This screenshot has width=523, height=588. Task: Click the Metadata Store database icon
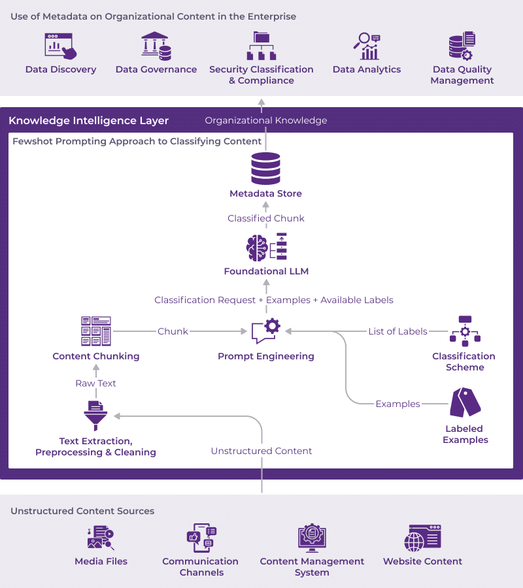(x=265, y=169)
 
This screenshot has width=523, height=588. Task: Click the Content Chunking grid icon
(x=96, y=331)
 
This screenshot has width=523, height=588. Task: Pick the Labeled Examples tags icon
(x=465, y=402)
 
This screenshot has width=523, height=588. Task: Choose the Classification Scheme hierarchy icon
(x=465, y=331)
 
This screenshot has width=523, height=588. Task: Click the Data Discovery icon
(x=60, y=46)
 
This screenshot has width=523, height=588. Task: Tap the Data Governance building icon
(x=156, y=46)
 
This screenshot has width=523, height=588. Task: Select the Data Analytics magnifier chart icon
(x=367, y=46)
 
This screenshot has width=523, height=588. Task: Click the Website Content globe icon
(x=422, y=538)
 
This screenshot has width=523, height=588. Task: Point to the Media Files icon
(x=101, y=538)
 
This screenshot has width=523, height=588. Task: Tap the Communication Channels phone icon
(x=201, y=538)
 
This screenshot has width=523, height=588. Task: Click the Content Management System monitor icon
(x=312, y=538)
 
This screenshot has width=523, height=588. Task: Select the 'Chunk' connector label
(x=173, y=331)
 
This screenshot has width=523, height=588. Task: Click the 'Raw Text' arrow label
(x=95, y=384)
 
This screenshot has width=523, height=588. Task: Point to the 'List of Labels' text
(x=397, y=331)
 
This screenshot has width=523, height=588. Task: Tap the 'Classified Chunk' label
(x=266, y=218)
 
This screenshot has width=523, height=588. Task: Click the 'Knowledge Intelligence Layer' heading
(x=88, y=120)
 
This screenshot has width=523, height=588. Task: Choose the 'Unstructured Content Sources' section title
(x=82, y=511)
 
